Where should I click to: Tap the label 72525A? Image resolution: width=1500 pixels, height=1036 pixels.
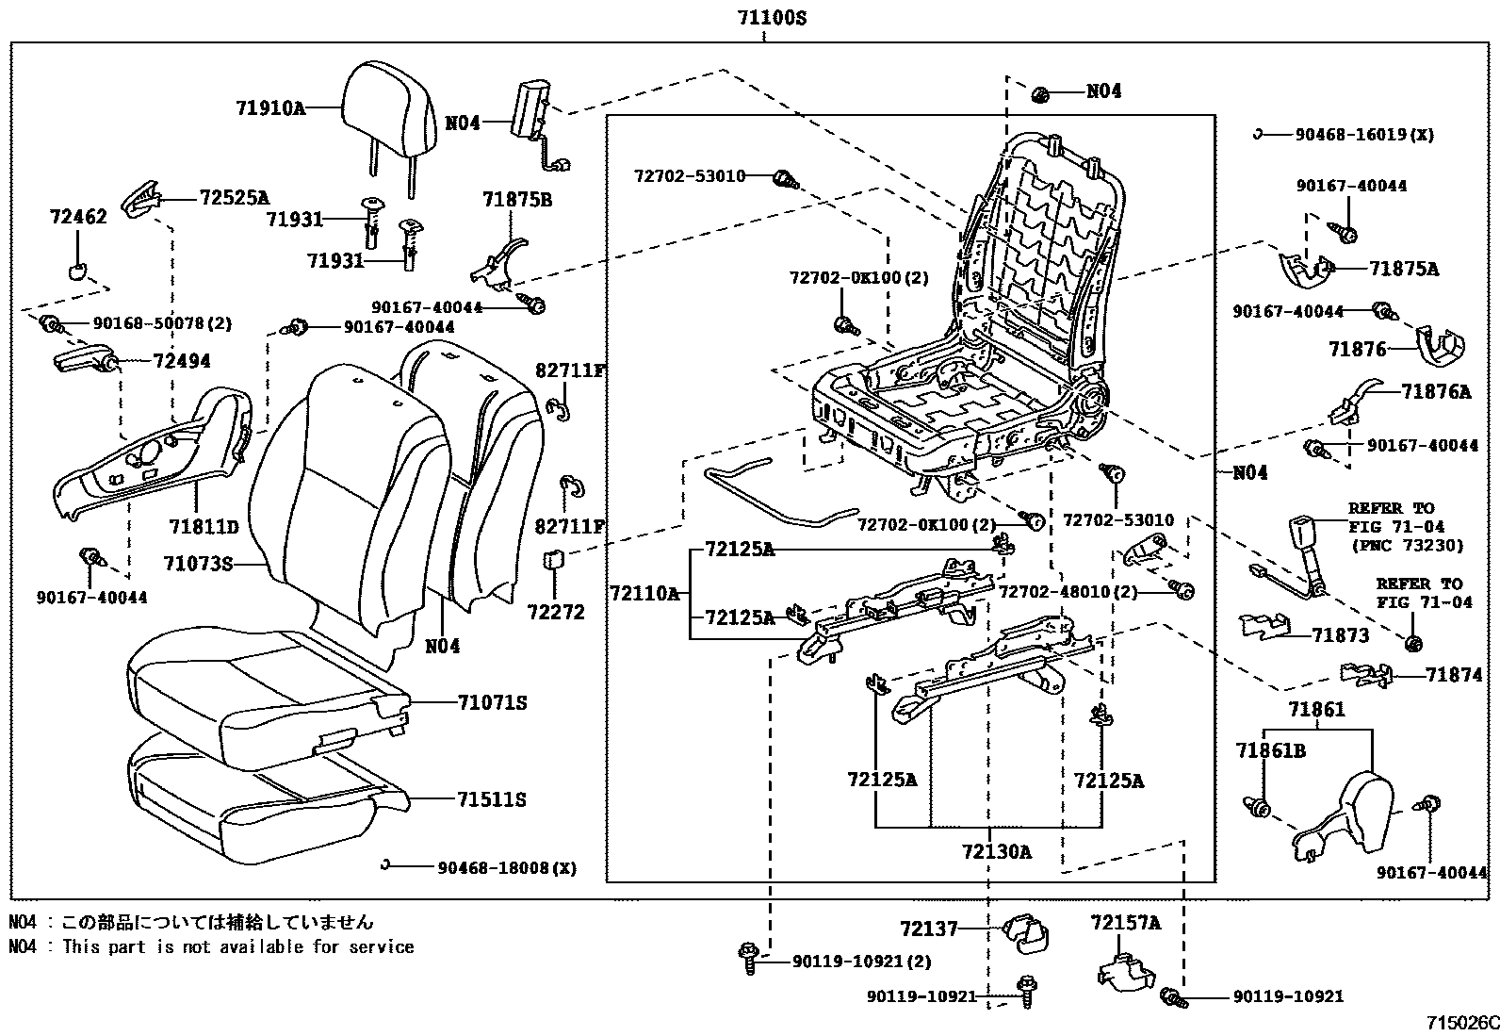click(x=234, y=198)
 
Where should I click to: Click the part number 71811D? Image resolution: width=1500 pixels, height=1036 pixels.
click(x=204, y=526)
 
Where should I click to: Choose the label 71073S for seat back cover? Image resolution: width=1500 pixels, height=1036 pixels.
click(x=197, y=564)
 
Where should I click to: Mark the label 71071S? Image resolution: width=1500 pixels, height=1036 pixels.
click(x=492, y=702)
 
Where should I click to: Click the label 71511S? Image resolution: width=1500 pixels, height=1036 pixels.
click(x=492, y=799)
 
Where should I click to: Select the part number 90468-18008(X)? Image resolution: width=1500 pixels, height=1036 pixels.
click(x=506, y=866)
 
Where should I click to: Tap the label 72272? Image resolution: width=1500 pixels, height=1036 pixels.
click(x=556, y=612)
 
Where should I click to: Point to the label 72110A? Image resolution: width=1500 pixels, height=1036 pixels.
click(x=644, y=593)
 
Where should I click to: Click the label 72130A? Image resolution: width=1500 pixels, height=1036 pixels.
click(x=996, y=852)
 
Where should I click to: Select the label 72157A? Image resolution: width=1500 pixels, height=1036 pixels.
click(x=1126, y=923)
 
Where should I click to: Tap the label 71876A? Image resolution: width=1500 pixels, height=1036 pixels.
click(x=1435, y=391)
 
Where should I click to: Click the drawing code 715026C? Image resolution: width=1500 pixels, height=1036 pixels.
click(x=1460, y=1023)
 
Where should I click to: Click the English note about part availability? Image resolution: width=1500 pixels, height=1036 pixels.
click(x=211, y=946)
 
